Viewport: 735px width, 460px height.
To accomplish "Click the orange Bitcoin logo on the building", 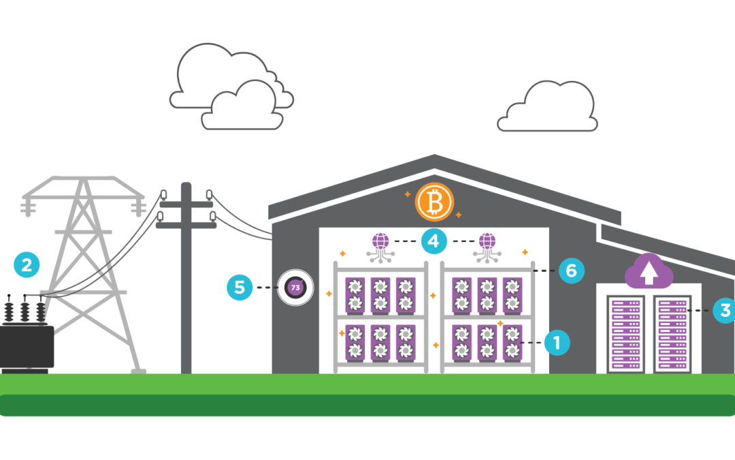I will pyautogui.click(x=434, y=202).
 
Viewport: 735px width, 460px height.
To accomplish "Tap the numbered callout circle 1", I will pyautogui.click(x=557, y=343).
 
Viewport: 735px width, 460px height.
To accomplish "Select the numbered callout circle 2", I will pyautogui.click(x=27, y=264).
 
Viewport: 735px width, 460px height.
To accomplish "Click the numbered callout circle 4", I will pyautogui.click(x=434, y=241).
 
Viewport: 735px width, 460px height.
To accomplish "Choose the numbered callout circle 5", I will pyautogui.click(x=240, y=288).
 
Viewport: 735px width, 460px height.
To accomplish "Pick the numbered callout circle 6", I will pyautogui.click(x=571, y=271).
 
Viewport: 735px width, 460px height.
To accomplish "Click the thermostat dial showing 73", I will pyautogui.click(x=295, y=288).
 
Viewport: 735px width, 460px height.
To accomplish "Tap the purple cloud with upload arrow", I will pyautogui.click(x=649, y=271).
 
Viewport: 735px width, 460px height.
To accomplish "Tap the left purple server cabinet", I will pyautogui.click(x=625, y=333).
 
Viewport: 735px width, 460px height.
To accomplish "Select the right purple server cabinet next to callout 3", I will pyautogui.click(x=672, y=333).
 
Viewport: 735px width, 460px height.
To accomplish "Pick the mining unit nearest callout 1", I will pyautogui.click(x=512, y=342).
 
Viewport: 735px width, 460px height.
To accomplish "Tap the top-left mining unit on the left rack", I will pyautogui.click(x=355, y=294).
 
